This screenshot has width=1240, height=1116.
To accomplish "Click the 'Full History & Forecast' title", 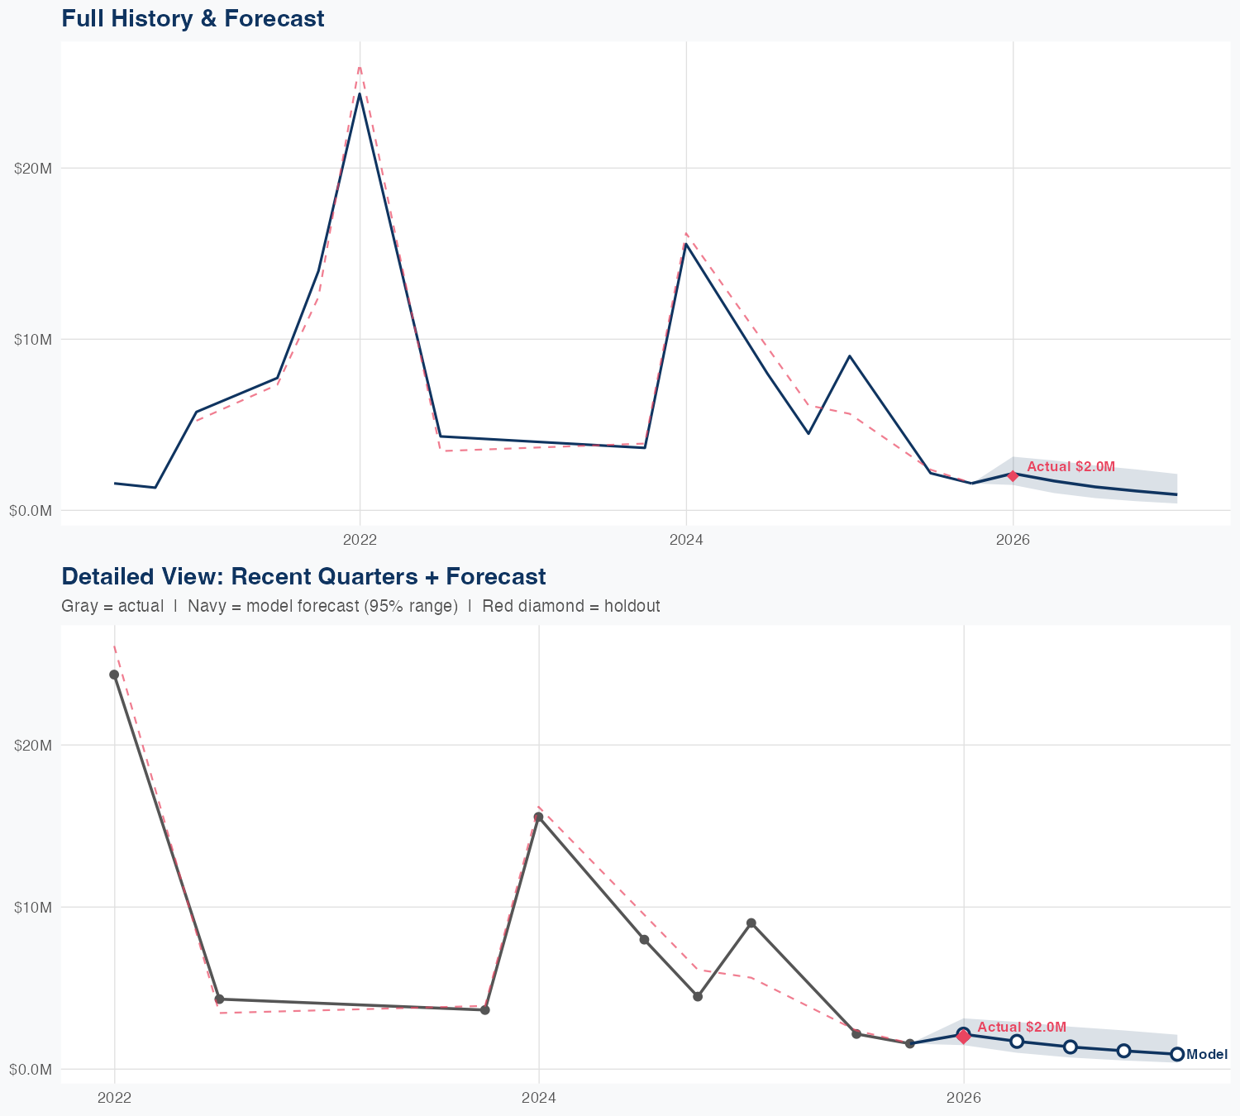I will (193, 19).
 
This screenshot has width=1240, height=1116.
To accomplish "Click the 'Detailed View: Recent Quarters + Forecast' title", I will (303, 576).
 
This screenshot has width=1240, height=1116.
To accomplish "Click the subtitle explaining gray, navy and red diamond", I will (360, 606).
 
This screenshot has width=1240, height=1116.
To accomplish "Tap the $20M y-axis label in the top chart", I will (33, 169).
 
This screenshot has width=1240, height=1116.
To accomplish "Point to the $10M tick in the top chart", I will (33, 340).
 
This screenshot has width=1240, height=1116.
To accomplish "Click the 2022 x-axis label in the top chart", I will (360, 541).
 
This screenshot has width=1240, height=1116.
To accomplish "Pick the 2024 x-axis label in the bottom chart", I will (539, 1098).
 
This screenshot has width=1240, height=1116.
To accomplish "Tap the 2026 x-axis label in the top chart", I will (1013, 541).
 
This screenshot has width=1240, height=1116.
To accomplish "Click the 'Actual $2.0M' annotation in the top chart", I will (1071, 467).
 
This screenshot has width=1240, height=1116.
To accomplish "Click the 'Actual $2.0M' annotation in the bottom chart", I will (1022, 1027).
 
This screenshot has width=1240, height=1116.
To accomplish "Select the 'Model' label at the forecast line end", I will (1207, 1055).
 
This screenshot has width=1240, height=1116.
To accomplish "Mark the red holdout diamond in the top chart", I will (1013, 475).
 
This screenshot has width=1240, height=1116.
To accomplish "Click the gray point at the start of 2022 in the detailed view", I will (114, 675).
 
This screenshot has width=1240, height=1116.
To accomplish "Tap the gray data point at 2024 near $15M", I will (538, 817).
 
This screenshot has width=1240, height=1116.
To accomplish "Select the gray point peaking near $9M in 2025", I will (751, 923).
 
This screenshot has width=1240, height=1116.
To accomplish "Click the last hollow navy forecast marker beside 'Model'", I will (1176, 1054).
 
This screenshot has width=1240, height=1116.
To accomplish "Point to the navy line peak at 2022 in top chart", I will (359, 94).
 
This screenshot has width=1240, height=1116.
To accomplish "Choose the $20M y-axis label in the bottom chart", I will (33, 745).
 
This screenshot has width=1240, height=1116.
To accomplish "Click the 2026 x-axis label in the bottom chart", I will (963, 1098).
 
